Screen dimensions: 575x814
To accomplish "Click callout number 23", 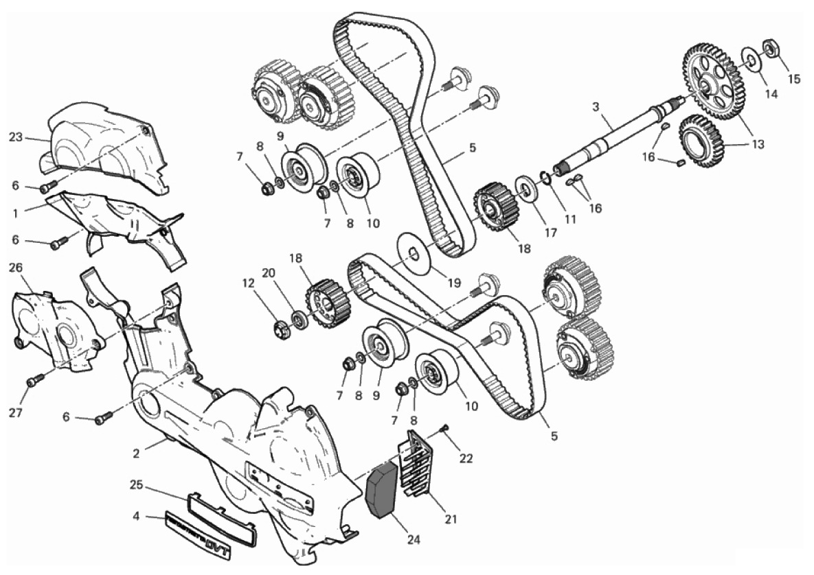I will [x=16, y=137].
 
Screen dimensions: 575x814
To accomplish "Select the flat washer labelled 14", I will [x=752, y=61].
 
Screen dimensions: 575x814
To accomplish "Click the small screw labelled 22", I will [x=444, y=428].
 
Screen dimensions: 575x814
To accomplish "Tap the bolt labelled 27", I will [x=34, y=379].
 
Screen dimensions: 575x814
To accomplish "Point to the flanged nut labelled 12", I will [x=282, y=329].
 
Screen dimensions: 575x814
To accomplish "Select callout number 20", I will [x=269, y=272].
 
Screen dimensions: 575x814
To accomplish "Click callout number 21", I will [x=451, y=519].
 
